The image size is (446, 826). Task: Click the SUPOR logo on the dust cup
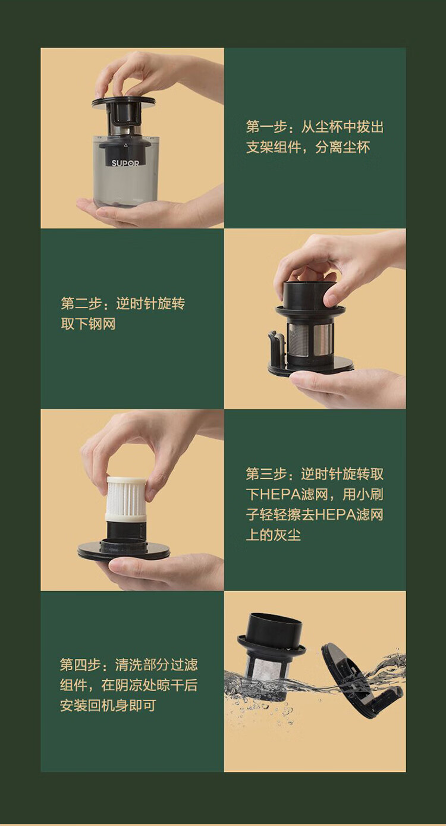click(x=125, y=162)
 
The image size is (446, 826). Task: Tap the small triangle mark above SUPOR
click(x=126, y=144)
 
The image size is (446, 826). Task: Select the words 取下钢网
click(x=88, y=324)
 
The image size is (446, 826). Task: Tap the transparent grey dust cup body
click(x=125, y=178)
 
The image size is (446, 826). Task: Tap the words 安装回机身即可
click(x=108, y=706)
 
